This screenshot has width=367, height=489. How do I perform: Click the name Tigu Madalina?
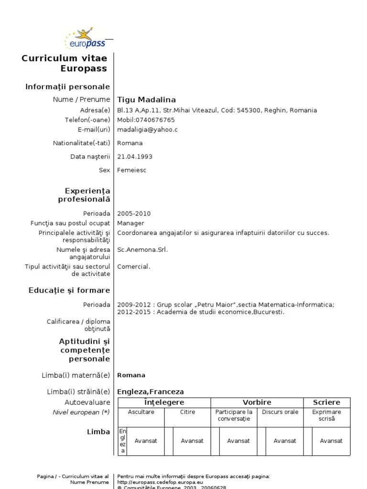pyautogui.click(x=146, y=100)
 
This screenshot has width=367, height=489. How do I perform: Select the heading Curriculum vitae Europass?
pyautogui.click(x=65, y=63)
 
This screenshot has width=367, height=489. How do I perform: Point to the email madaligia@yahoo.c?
pyautogui.click(x=147, y=129)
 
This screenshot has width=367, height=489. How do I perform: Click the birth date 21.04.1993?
pyautogui.click(x=135, y=157)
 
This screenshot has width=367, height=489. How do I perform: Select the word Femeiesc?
pyautogui.click(x=131, y=170)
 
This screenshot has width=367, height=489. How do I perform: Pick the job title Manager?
pyautogui.click(x=130, y=223)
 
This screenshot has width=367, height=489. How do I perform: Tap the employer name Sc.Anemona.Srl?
pyautogui.click(x=142, y=249)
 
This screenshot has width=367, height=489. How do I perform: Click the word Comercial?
pyautogui.click(x=133, y=266)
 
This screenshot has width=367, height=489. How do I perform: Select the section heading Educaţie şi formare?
pyautogui.click(x=69, y=290)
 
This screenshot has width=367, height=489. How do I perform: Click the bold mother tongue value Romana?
pyautogui.click(x=131, y=375)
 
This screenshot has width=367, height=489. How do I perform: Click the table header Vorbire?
pyautogui.click(x=257, y=403)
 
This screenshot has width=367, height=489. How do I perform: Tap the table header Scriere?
pyautogui.click(x=326, y=403)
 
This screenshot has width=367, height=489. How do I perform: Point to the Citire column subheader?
pyautogui.click(x=187, y=412)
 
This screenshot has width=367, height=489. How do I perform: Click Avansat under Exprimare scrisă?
pyautogui.click(x=331, y=441)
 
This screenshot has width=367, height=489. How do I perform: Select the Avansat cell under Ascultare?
pyautogui.click(x=146, y=441)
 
